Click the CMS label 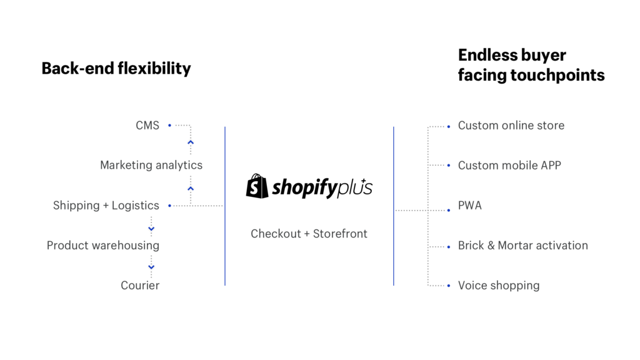(x=147, y=126)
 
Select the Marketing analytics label (x=151, y=166)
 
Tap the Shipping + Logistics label (x=106, y=206)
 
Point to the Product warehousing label (x=103, y=246)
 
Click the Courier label (x=140, y=286)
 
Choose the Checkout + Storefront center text (x=309, y=234)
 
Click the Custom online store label (x=511, y=126)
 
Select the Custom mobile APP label (x=509, y=166)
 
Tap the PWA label (x=470, y=206)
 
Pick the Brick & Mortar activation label (x=522, y=246)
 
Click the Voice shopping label (x=499, y=286)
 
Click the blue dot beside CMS (x=169, y=126)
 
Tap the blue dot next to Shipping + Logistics (x=169, y=206)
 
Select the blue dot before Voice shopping (x=449, y=286)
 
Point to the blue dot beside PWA (x=449, y=211)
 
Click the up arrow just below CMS (x=191, y=142)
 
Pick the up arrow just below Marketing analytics (x=191, y=187)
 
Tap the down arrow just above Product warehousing (x=151, y=229)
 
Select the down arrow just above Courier (x=151, y=267)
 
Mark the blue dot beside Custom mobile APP (x=449, y=166)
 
